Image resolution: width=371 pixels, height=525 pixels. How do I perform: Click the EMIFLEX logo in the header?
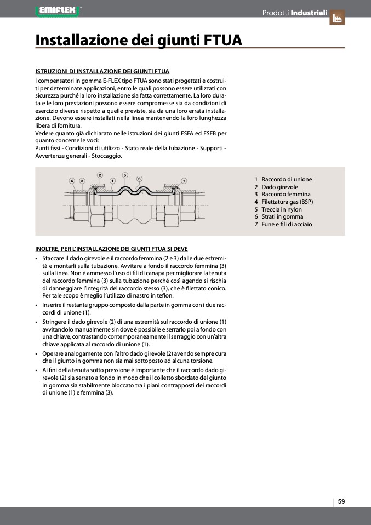[57, 9]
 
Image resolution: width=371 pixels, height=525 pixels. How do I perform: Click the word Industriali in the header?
[309, 12]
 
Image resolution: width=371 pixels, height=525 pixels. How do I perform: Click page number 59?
[341, 501]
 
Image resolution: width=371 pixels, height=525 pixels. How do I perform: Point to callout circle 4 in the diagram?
[72, 180]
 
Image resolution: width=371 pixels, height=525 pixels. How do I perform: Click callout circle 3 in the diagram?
[82, 180]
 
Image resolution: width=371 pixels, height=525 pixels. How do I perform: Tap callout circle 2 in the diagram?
[100, 175]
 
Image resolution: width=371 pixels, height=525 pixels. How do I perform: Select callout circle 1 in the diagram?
[112, 180]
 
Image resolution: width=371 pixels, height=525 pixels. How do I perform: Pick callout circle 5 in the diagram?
[125, 175]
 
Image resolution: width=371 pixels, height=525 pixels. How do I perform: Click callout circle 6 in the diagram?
[139, 179]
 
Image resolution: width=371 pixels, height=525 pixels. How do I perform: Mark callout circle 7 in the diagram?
[184, 180]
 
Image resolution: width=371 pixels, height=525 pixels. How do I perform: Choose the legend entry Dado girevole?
[280, 187]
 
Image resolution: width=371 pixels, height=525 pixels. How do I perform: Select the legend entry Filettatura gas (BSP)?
[287, 202]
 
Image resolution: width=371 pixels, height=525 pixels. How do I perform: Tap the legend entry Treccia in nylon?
[282, 209]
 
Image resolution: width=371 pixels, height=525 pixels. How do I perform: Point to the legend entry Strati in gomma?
[282, 216]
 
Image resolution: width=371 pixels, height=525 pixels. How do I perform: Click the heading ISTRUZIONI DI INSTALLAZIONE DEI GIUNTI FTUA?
[102, 71]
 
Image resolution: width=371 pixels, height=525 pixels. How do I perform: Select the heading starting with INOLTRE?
[111, 249]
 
